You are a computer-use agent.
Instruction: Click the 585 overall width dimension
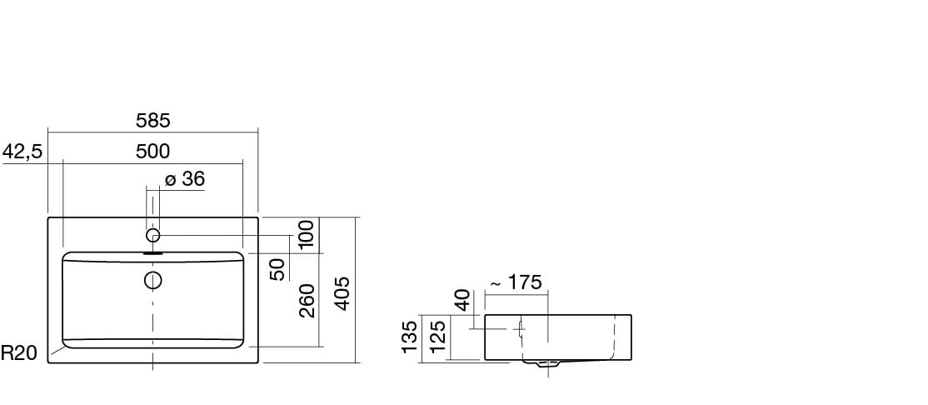tap(152, 120)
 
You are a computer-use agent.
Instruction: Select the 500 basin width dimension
tap(152, 152)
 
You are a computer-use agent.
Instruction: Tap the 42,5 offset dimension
tap(22, 152)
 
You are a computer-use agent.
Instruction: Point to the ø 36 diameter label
tap(185, 179)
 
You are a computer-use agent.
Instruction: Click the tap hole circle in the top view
tap(152, 235)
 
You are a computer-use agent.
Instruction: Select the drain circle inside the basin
tap(153, 279)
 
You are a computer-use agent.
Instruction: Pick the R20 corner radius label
tap(19, 353)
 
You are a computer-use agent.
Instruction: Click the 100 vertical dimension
tap(307, 234)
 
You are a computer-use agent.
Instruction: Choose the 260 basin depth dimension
tap(307, 300)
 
